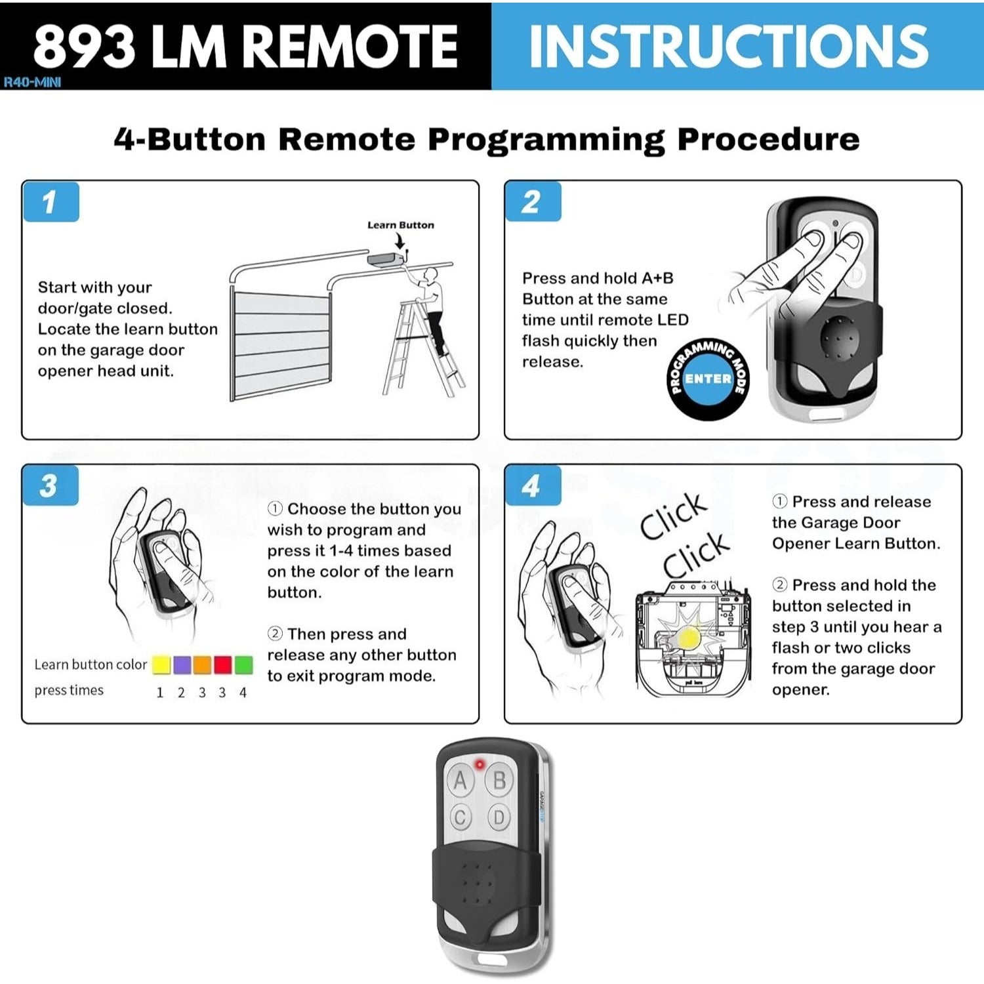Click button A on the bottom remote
pos(461,780)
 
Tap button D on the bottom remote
pos(499,818)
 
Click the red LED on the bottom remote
pos(480,764)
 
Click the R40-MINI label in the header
pos(33,83)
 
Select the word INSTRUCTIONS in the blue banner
pos(728,46)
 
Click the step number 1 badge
pos(51,202)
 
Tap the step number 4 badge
pos(532,486)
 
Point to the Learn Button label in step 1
pos(400,225)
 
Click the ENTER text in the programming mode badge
pos(708,379)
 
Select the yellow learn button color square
pos(161,665)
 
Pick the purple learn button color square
pos(182,665)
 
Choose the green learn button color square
pos(243,665)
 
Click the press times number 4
pos(243,693)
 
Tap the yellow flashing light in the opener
pos(688,636)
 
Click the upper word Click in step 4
pos(674,516)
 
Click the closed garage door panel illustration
pos(281,344)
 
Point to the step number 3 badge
pos(50,486)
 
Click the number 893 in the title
pos(84,47)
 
